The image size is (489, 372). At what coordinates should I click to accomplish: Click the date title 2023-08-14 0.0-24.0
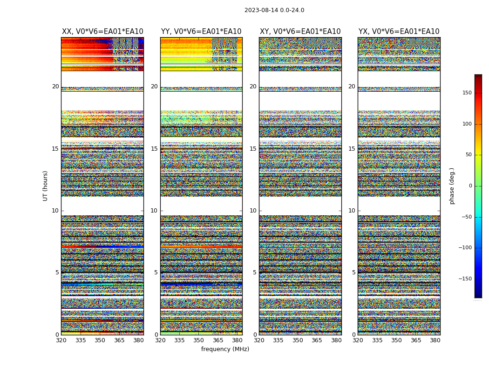[274, 10]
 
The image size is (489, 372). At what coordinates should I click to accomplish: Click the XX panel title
[102, 32]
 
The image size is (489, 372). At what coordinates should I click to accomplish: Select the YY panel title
[201, 32]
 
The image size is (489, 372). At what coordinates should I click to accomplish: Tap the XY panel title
[300, 32]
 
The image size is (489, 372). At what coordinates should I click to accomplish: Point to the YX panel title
[399, 32]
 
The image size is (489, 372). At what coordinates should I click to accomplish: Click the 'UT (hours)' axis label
[46, 186]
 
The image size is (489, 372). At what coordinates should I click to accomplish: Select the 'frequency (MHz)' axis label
[225, 349]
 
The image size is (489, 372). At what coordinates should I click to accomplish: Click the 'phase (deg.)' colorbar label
[452, 186]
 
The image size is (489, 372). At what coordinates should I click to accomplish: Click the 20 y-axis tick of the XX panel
[55, 86]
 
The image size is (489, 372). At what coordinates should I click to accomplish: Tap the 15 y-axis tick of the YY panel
[154, 149]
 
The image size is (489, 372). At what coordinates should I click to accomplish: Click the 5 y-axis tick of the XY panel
[255, 272]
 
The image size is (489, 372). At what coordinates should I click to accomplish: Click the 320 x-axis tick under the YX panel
[358, 340]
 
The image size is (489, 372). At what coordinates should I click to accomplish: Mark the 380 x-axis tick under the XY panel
[336, 340]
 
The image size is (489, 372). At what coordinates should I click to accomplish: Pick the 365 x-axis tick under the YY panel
[218, 340]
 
